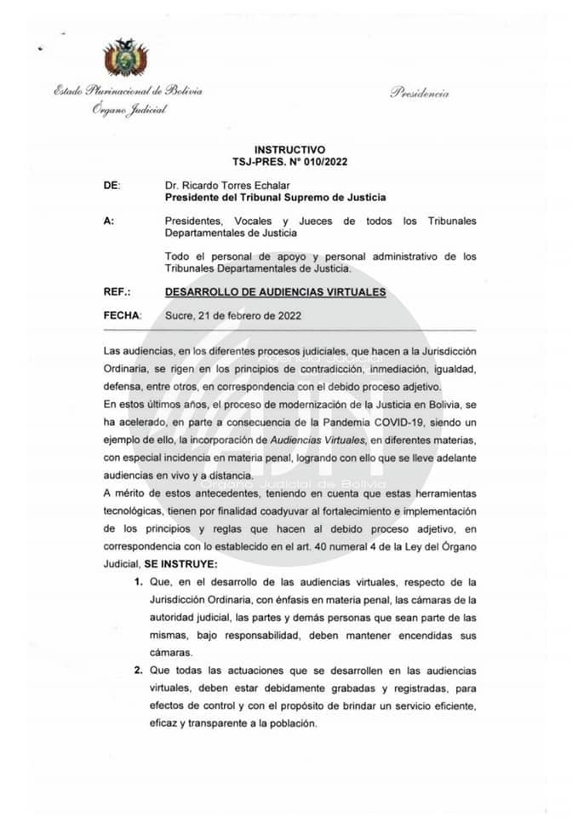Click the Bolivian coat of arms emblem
pos(125,59)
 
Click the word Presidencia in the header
pos(420,94)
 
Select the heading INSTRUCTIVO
pos(289,149)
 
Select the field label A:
pos(108,221)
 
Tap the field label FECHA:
pos(121,315)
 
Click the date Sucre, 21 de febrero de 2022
pos(232,315)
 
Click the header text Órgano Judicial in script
pos(129,110)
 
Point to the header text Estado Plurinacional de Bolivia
pos(128,91)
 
